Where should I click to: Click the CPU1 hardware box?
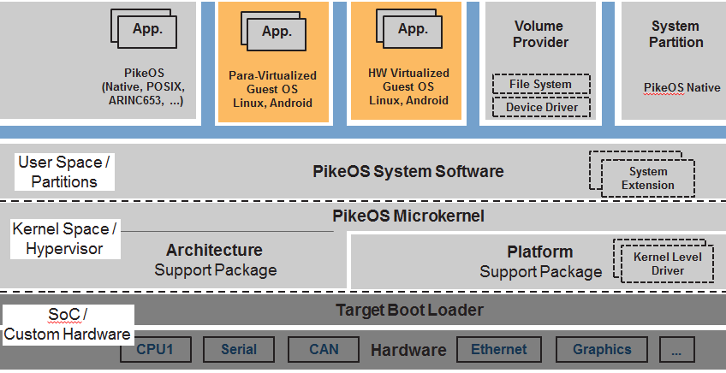[x=156, y=349]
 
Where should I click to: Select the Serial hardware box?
[x=239, y=349]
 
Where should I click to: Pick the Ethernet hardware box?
[x=499, y=349]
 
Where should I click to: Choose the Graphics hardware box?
[x=602, y=349]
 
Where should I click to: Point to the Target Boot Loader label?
[x=408, y=311]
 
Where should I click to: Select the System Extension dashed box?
[x=647, y=178]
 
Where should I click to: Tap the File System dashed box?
[x=541, y=84]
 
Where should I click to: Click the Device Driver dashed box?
[x=541, y=107]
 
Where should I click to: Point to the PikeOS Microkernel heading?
[x=408, y=216]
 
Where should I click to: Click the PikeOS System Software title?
[x=408, y=172]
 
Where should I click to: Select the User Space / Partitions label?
[x=64, y=172]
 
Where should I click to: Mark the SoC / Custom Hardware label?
[x=67, y=326]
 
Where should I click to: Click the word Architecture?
[x=214, y=251]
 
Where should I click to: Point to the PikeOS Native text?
[x=681, y=87]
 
